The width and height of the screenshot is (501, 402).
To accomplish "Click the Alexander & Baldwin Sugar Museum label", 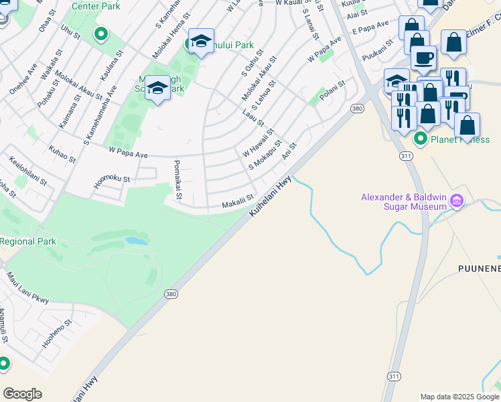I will (x=404, y=202).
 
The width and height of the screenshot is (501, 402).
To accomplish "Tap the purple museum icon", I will (x=457, y=201).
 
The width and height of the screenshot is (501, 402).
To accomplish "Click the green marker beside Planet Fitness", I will (x=421, y=139).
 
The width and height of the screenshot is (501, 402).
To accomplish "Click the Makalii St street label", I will (x=238, y=201).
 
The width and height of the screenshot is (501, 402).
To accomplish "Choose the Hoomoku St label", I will (x=112, y=180).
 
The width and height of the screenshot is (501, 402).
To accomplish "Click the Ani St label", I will (x=289, y=151).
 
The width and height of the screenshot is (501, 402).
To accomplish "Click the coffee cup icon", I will (x=423, y=57).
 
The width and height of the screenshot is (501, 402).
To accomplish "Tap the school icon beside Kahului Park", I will (x=201, y=42).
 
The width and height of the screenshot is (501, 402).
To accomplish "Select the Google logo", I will (x=23, y=394).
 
